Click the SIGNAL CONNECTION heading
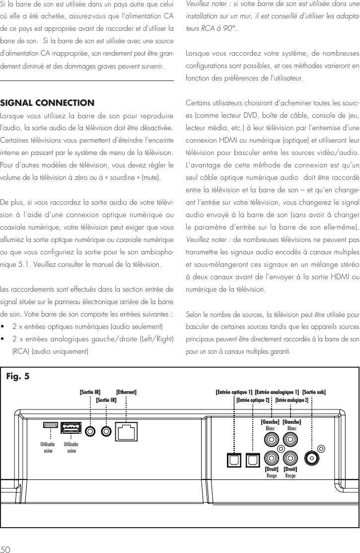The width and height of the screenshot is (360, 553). (x=47, y=103)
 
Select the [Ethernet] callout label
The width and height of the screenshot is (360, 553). (x=126, y=392)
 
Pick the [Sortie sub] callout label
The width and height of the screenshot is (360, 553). (x=314, y=392)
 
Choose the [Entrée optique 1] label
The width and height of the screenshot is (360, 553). (x=234, y=392)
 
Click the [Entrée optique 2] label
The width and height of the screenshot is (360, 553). (x=253, y=400)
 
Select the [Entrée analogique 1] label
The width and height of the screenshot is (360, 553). (x=277, y=392)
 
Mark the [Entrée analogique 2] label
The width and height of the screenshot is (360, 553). (x=292, y=400)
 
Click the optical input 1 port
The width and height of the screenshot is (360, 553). (x=233, y=460)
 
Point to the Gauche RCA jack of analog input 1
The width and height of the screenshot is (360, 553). (x=272, y=440)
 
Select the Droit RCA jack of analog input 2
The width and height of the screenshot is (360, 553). (x=290, y=458)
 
